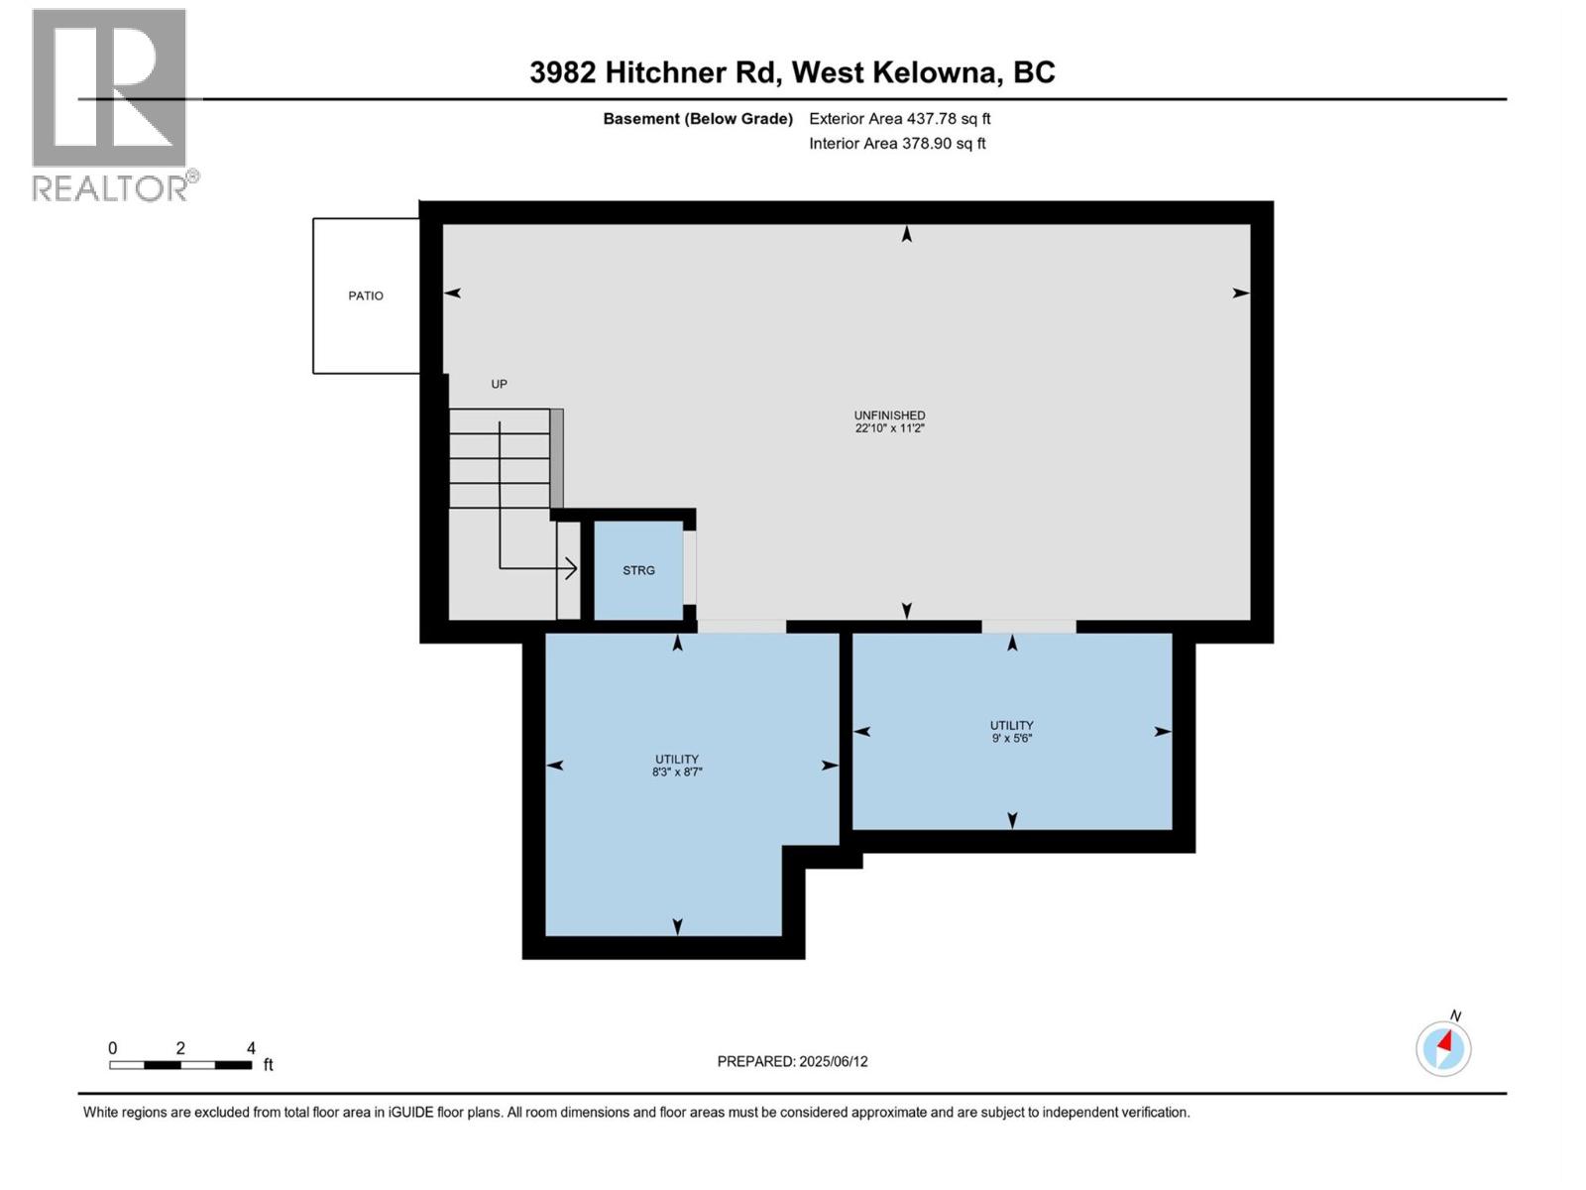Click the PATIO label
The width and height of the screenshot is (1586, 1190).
pyautogui.click(x=365, y=296)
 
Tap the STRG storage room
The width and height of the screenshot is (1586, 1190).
pyautogui.click(x=638, y=570)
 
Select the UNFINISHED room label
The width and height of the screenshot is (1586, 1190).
pyautogui.click(x=889, y=416)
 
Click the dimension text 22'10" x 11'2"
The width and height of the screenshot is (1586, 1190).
pyautogui.click(x=889, y=428)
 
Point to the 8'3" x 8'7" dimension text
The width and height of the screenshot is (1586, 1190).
pyautogui.click(x=677, y=772)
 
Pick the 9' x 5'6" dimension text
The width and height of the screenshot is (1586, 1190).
pyautogui.click(x=1011, y=738)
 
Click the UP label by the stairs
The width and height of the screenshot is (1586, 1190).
pyautogui.click(x=499, y=384)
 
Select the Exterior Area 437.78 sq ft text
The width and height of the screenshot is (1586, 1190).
pyautogui.click(x=899, y=119)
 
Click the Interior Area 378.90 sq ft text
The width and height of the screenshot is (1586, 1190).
pyautogui.click(x=897, y=144)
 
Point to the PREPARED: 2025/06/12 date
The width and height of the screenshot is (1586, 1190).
pyautogui.click(x=792, y=1061)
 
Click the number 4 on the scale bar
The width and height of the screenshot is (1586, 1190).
pyautogui.click(x=251, y=1048)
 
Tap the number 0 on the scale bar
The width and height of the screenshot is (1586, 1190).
pyautogui.click(x=113, y=1048)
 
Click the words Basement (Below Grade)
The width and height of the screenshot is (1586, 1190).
pyautogui.click(x=698, y=119)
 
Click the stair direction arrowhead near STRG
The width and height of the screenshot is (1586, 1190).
pyautogui.click(x=571, y=568)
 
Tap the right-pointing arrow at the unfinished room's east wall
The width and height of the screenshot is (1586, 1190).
pyautogui.click(x=1240, y=293)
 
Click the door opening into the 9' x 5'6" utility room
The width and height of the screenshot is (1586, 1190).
pyautogui.click(x=1029, y=627)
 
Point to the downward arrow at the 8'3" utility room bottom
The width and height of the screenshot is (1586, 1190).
pyautogui.click(x=677, y=926)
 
